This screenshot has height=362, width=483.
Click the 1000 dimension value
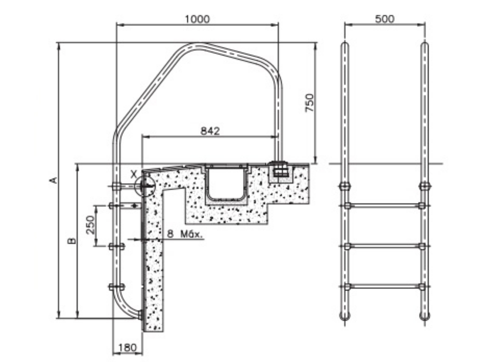point(197,19)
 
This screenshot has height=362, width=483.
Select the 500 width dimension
point(384,19)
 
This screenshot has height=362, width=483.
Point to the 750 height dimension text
point(310,103)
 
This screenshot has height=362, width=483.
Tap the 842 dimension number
point(210,131)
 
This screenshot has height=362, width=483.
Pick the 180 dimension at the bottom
point(127,348)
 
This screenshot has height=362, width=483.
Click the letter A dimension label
point(53,180)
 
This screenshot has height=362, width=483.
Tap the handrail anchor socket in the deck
point(280,170)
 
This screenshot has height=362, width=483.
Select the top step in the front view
point(384,206)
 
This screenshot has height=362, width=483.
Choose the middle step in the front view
point(384,246)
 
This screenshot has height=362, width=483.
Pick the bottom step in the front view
point(384,287)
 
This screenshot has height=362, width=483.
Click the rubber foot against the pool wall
point(140,314)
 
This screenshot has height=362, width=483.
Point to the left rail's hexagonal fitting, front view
point(345,186)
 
